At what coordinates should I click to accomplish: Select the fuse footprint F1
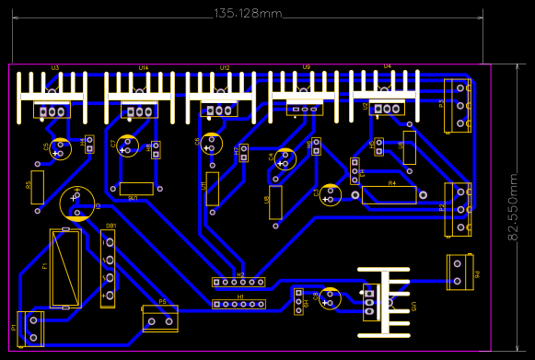[64, 266]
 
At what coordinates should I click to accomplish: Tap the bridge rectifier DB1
[109, 268]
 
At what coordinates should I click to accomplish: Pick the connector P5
[160, 319]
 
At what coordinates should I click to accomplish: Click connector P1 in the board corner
[30, 328]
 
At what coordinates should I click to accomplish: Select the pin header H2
[238, 283]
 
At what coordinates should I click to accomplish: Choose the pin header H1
[238, 304]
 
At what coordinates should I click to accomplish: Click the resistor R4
[390, 194]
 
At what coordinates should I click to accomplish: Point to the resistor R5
[38, 186]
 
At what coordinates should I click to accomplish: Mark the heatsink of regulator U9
[305, 92]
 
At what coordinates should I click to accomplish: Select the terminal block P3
[459, 105]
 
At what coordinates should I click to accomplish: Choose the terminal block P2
[459, 208]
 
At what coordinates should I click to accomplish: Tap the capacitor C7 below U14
[126, 146]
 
